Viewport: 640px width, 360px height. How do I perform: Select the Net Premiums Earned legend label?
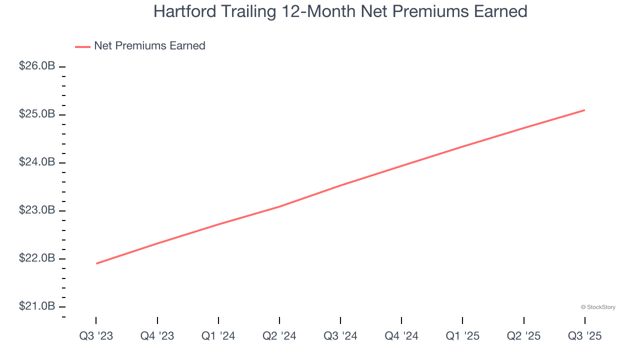tap(149, 46)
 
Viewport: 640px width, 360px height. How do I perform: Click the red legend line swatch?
tap(82, 46)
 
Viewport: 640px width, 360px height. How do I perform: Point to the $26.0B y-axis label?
tap(37, 66)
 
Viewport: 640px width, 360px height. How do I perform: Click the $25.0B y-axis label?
tap(37, 114)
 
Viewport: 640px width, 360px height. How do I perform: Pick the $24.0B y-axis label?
tap(37, 162)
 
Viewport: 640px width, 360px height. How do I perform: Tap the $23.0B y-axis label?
tap(37, 210)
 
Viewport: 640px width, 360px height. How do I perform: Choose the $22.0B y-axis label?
tap(37, 258)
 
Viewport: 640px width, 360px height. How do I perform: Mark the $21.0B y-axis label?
tap(37, 306)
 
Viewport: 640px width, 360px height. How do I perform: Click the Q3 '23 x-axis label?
tap(96, 336)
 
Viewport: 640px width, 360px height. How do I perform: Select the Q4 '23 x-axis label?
tap(157, 336)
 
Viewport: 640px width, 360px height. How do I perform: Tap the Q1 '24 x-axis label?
tap(218, 336)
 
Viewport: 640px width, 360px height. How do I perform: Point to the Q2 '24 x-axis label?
tap(279, 336)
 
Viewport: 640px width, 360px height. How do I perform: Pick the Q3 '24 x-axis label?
tap(340, 336)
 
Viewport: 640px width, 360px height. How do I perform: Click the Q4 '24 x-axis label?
tap(401, 336)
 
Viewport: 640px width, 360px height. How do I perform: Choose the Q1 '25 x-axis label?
tap(462, 336)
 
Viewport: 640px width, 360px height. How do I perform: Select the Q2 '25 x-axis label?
tap(523, 336)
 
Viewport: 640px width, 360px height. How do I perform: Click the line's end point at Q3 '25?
tap(584, 110)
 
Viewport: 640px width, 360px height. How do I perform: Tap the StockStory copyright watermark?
tap(598, 307)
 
